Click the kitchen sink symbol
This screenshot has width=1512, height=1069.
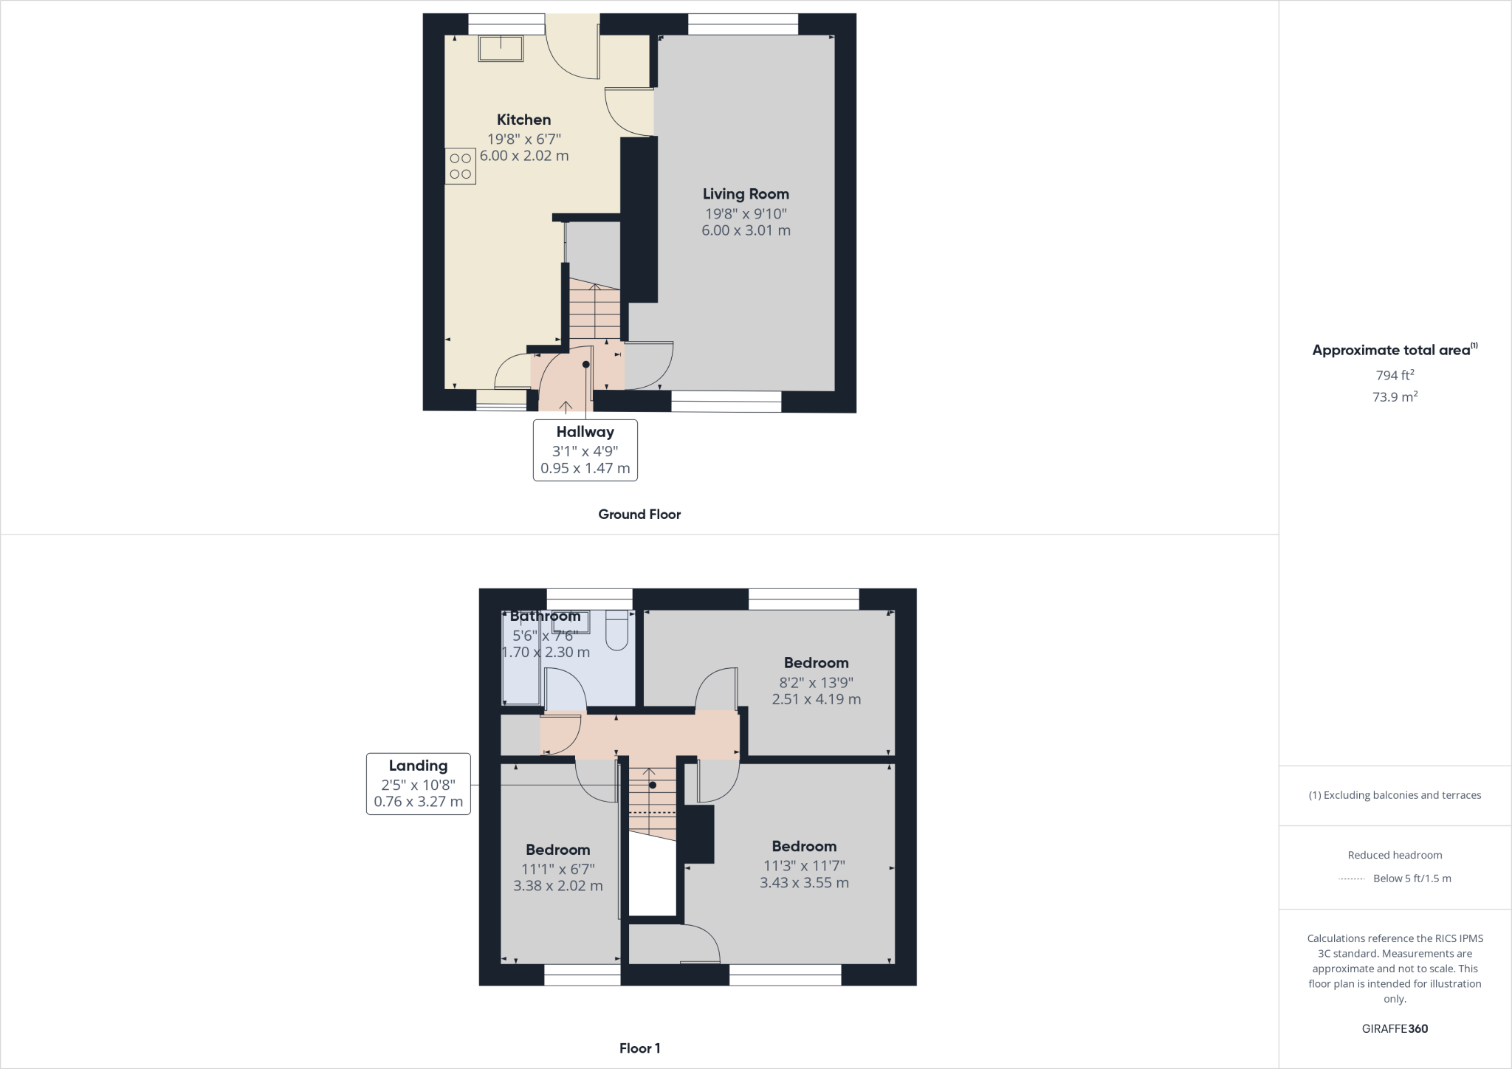[501, 49]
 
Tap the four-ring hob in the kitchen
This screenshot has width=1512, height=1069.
[460, 166]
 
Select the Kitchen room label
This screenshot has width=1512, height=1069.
[523, 120]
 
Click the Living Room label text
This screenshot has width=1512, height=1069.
[746, 194]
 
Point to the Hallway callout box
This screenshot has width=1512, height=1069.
[585, 450]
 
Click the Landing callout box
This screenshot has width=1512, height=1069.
[419, 783]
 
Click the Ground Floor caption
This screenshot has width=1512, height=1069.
[639, 515]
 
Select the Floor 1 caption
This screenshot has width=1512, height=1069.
[639, 1048]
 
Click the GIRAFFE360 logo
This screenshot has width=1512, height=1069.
[1395, 1028]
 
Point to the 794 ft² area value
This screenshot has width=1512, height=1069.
[1395, 375]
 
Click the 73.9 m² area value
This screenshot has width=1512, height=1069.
[1395, 397]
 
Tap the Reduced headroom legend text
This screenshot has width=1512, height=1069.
[1395, 855]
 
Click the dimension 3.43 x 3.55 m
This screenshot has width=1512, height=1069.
[804, 883]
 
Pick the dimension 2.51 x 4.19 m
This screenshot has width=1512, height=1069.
[816, 699]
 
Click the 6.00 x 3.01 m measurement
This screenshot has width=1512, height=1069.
[746, 230]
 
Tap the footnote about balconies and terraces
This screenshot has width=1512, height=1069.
[1395, 795]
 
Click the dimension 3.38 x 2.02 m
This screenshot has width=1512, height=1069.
[557, 886]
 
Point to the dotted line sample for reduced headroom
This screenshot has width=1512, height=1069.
[1351, 879]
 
